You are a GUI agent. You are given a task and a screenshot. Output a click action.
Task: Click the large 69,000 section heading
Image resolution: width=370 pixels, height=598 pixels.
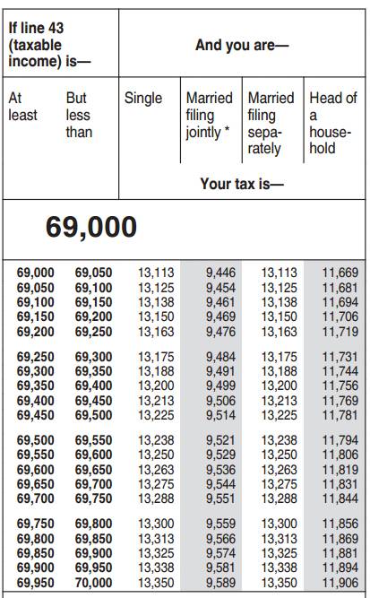pos(91,226)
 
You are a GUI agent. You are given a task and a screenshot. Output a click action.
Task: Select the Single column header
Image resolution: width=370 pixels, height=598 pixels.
pos(143,98)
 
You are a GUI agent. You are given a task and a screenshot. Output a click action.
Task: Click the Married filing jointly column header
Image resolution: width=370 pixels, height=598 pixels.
pos(209,115)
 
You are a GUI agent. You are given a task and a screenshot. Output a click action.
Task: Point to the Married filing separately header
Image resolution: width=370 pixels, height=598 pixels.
pos(271,123)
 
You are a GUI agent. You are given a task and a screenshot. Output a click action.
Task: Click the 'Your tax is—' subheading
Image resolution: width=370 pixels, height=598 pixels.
pos(241,183)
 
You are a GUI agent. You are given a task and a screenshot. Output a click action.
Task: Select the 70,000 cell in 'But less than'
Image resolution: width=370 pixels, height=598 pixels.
pos(93,581)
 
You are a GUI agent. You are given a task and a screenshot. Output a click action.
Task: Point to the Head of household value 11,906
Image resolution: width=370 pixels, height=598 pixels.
pos(340,581)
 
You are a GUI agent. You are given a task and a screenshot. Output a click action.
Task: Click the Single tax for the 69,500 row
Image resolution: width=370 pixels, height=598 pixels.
pos(156,441)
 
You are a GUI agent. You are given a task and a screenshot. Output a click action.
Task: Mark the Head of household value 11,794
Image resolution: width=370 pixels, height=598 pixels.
pos(340,441)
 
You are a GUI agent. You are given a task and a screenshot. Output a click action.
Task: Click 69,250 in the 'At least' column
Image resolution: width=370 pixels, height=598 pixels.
pos(36,357)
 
